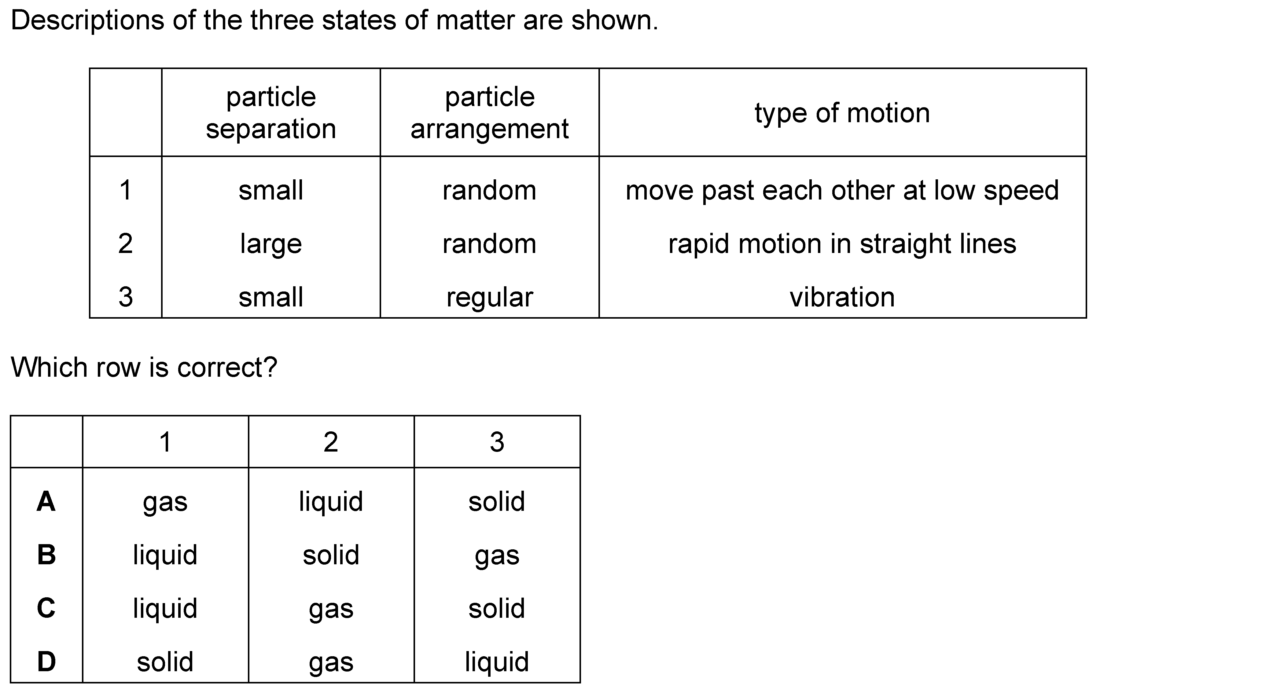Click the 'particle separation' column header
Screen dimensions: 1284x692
(271, 113)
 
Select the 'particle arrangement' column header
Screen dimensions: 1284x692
(489, 113)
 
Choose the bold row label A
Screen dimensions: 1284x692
(46, 501)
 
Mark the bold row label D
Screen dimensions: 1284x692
(46, 662)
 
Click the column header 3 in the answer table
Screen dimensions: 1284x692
(497, 442)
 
